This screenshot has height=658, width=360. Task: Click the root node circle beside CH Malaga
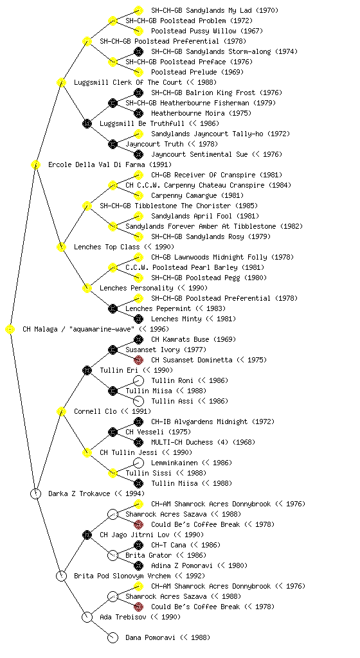10,330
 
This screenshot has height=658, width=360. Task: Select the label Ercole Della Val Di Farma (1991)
110,165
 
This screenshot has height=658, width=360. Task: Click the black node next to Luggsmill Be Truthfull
87,124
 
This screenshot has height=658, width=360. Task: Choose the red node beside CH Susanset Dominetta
138,360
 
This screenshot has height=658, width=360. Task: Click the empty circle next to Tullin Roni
138,380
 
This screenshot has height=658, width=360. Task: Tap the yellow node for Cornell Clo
61,412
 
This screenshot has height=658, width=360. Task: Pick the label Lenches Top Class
107,247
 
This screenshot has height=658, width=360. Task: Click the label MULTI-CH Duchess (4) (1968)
203,442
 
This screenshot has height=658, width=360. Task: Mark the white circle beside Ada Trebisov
87,618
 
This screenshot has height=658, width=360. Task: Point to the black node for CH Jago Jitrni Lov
87,535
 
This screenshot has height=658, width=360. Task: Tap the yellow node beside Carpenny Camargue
138,195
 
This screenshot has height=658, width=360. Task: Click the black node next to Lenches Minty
138,319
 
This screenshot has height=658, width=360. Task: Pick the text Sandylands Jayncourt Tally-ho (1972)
221,134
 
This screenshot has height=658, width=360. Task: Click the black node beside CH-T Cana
138,545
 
